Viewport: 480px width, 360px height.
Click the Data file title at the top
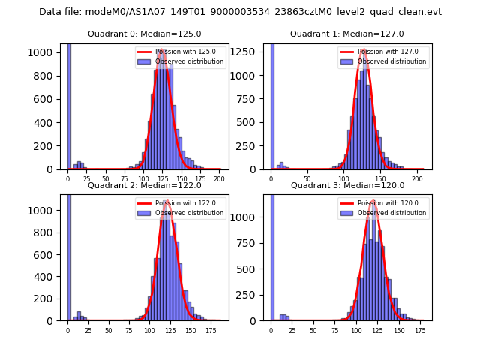click(240, 12)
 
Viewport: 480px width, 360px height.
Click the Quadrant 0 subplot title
click(144, 34)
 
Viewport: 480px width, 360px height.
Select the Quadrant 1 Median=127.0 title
click(347, 34)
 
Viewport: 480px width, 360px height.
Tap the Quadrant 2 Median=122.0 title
click(144, 185)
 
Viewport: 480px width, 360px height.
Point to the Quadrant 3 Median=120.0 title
click(347, 185)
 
